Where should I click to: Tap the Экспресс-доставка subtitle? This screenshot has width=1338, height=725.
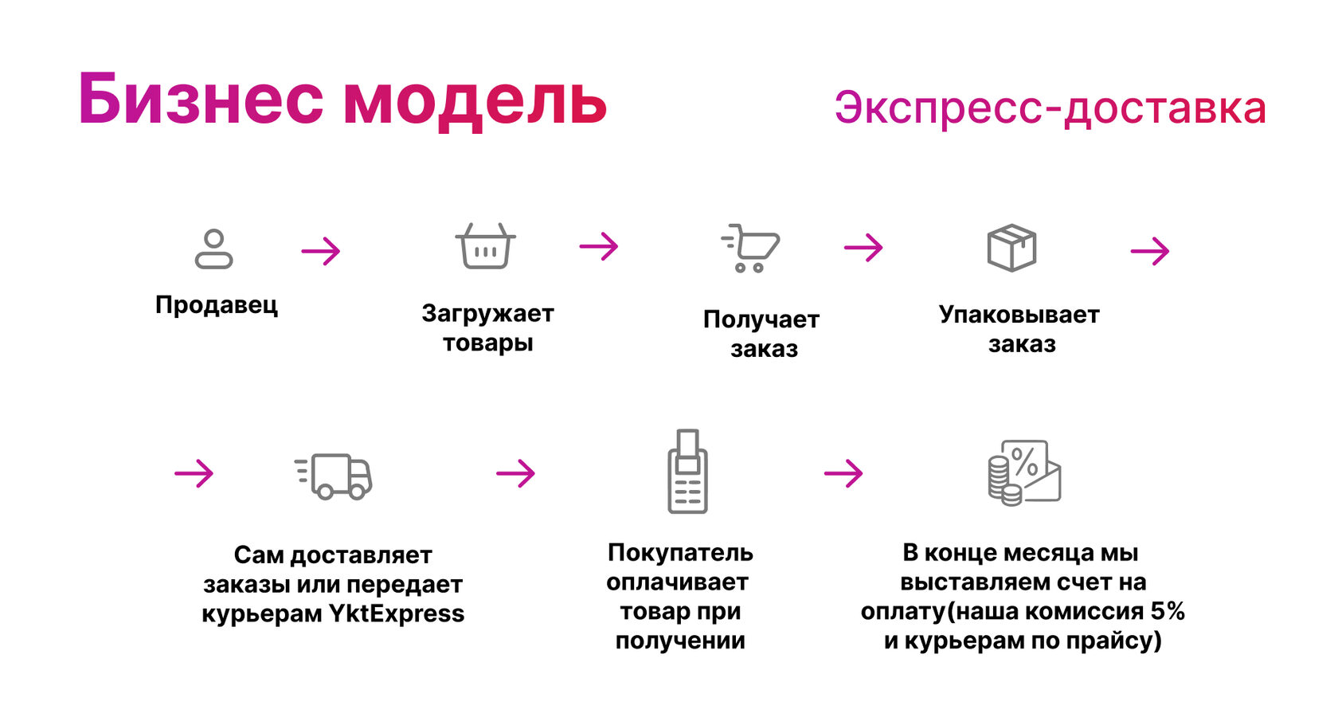click(1050, 109)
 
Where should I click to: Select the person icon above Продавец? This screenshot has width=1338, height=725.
click(214, 249)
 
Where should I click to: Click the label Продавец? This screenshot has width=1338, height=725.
click(217, 305)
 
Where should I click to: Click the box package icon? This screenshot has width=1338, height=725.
click(1011, 248)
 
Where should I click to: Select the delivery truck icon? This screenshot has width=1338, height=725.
click(334, 476)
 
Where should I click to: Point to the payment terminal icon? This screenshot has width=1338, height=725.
click(687, 472)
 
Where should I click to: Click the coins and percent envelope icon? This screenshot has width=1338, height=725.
click(1024, 472)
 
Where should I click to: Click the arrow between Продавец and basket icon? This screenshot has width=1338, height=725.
click(321, 252)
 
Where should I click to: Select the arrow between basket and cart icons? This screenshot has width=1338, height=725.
click(599, 246)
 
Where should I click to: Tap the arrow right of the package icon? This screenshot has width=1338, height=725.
click(1149, 252)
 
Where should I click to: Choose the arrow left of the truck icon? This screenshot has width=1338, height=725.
click(194, 474)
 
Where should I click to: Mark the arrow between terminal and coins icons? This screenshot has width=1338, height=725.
click(843, 474)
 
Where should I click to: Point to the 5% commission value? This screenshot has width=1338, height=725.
click(1168, 612)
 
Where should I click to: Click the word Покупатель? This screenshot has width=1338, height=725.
click(680, 553)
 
